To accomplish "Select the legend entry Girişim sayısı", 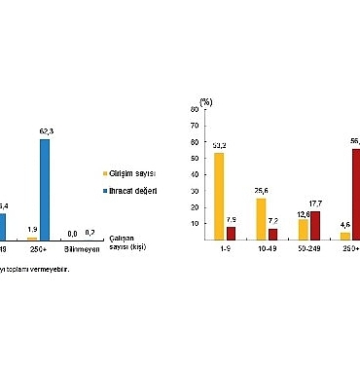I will (135, 171).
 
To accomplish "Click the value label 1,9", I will (32, 230).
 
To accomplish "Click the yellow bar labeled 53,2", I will (219, 196).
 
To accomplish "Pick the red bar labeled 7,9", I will (231, 233).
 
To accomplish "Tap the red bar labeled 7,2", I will (272, 234).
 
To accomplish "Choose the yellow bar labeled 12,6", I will (303, 229).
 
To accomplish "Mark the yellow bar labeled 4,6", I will (344, 236).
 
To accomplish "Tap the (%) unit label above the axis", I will (206, 100).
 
